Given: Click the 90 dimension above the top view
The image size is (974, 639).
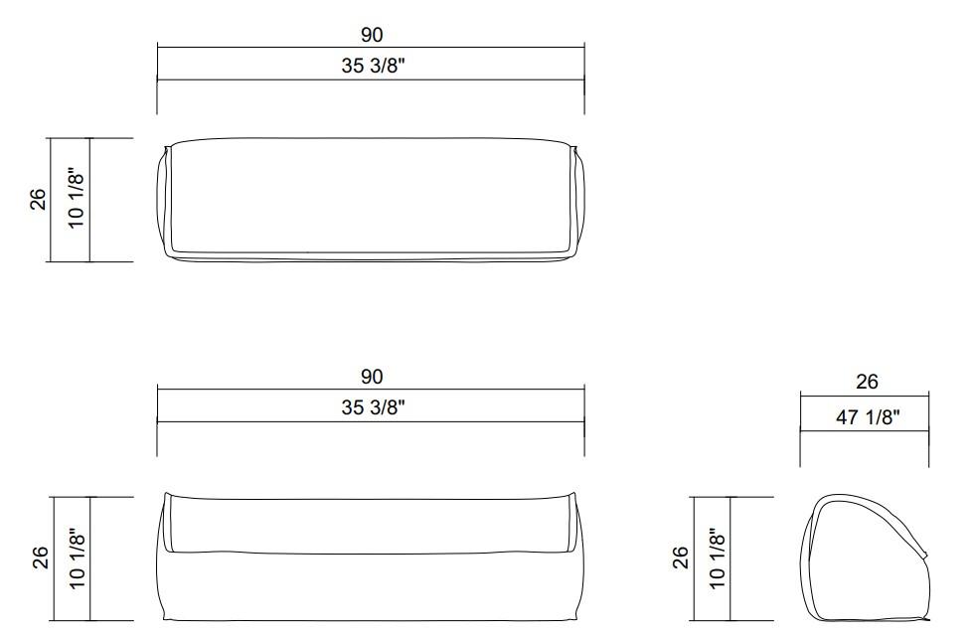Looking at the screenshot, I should point(371,35).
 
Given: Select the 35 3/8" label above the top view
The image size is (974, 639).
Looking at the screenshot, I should point(371,67).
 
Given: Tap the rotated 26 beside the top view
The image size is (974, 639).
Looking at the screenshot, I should point(39,200).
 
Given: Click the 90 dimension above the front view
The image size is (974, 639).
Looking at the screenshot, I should point(371,377).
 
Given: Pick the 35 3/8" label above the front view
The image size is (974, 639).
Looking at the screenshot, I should point(371,407).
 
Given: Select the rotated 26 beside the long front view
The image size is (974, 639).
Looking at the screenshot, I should point(39,558).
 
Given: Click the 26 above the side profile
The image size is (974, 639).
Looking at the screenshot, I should point(866,382).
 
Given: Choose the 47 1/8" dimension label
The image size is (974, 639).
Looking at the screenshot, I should point(866,417).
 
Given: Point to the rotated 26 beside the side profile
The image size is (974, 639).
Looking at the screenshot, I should point(681,558).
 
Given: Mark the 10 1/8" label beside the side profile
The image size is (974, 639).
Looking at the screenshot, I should point(719,558).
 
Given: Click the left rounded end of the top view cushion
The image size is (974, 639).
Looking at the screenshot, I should point(165,202).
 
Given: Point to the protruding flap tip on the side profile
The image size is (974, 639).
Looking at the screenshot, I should point(926,555).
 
